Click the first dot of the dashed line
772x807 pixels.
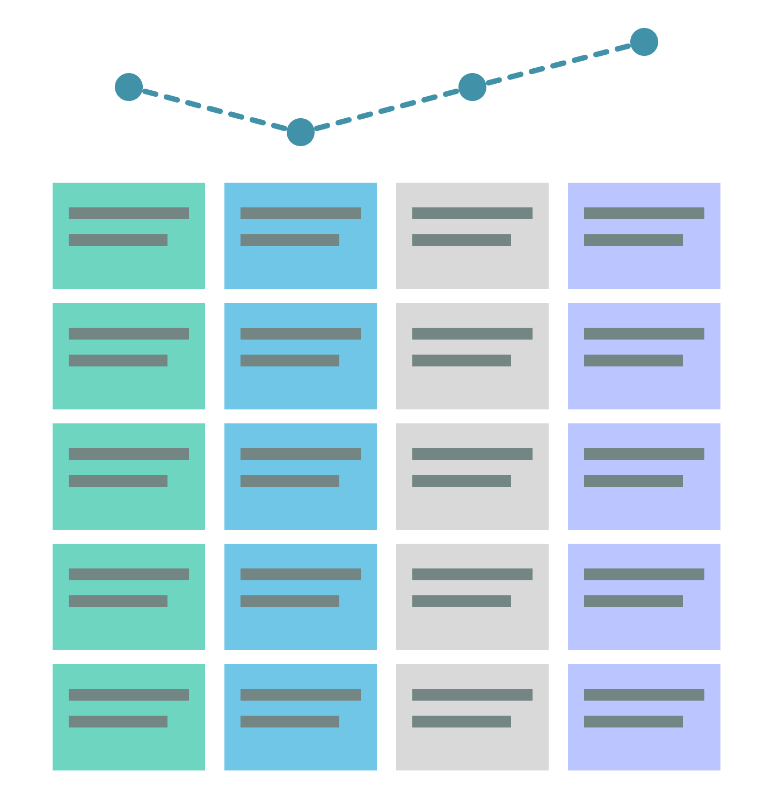(x=129, y=87)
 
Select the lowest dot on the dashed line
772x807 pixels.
(x=301, y=132)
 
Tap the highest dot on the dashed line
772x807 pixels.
(x=644, y=42)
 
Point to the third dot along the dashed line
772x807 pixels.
(x=472, y=87)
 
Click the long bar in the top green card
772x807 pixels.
(x=129, y=213)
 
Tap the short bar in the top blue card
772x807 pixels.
(x=290, y=240)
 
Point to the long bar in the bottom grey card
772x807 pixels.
(x=472, y=695)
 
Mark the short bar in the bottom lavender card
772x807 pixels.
(x=633, y=722)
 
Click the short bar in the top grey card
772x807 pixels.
(x=462, y=240)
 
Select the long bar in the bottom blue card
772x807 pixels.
(x=301, y=695)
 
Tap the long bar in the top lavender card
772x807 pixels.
(x=644, y=213)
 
